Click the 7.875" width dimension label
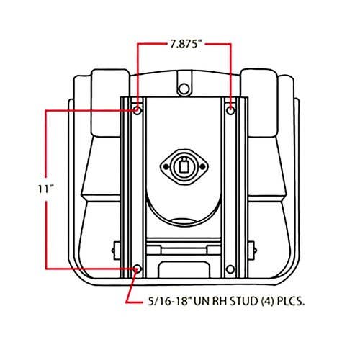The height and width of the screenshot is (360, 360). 185,45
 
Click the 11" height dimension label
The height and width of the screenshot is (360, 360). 45,189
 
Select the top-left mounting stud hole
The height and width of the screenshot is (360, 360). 138,111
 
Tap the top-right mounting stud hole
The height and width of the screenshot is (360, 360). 231,111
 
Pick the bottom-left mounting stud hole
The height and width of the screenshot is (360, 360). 138,269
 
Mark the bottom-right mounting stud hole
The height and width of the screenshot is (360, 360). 230,269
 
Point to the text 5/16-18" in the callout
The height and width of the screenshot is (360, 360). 169,302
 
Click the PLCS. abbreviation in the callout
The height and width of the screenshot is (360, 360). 291,302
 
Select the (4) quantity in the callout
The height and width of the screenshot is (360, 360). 267,302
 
